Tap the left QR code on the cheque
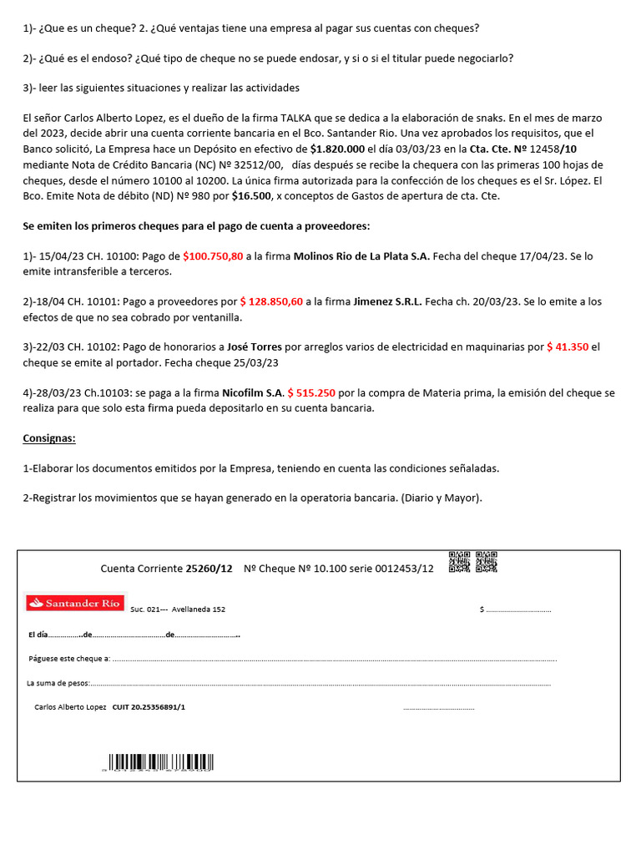pyautogui.click(x=459, y=563)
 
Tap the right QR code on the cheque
pyautogui.click(x=487, y=563)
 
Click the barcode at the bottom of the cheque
pyautogui.click(x=159, y=762)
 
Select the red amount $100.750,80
pyautogui.click(x=213, y=256)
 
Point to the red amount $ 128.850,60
pyautogui.click(x=271, y=301)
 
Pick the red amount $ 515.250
pyautogui.click(x=311, y=392)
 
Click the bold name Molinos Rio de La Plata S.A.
pyautogui.click(x=361, y=256)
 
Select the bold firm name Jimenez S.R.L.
pyautogui.click(x=387, y=301)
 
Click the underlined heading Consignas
pyautogui.click(x=49, y=438)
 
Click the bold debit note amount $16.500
pyautogui.click(x=251, y=195)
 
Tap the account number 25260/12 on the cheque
pyautogui.click(x=209, y=569)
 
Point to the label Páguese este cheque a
pyautogui.click(x=69, y=659)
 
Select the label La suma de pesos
pyautogui.click(x=58, y=683)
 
